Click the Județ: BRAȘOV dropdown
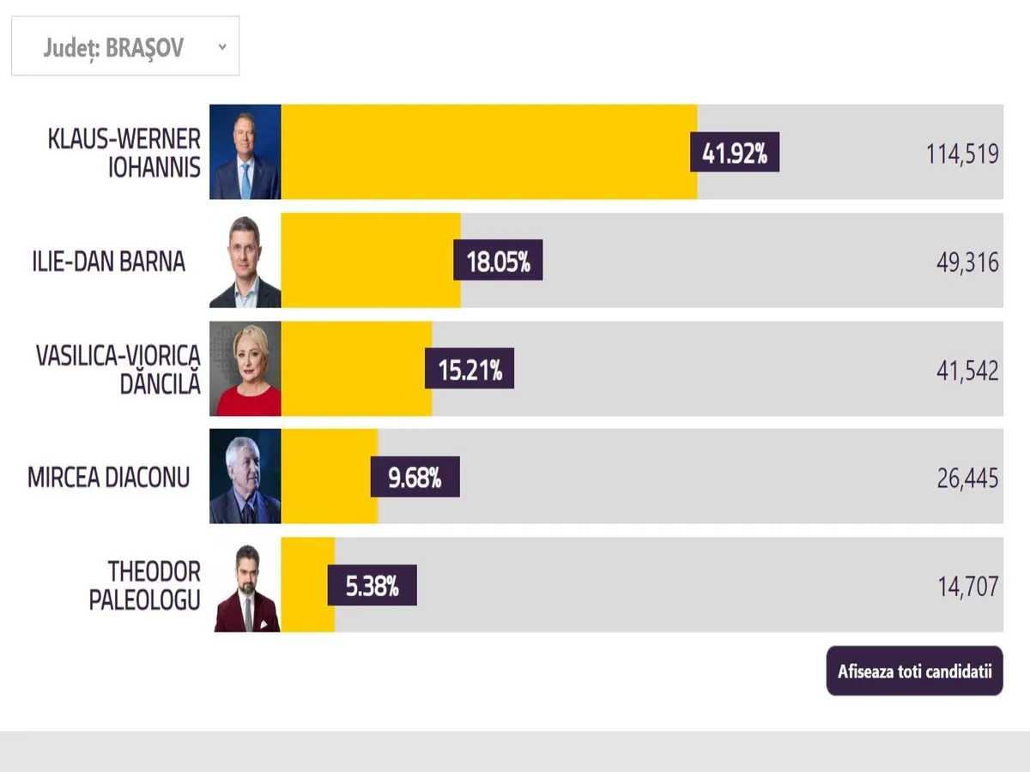(125, 46)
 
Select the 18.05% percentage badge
(498, 260)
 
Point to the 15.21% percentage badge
(470, 368)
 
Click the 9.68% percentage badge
(415, 476)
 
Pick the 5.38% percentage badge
(372, 585)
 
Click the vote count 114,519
(962, 154)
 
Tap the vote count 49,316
(967, 262)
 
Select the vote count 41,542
(967, 371)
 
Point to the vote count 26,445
(967, 479)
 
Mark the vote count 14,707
(967, 587)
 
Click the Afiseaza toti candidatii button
(914, 671)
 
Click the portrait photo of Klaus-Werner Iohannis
(245, 152)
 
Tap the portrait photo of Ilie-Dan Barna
(245, 261)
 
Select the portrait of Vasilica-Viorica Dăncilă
(245, 369)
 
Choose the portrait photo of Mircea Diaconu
(245, 477)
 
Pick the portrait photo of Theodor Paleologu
(245, 585)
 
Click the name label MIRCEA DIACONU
(108, 477)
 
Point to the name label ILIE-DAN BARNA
(108, 261)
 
